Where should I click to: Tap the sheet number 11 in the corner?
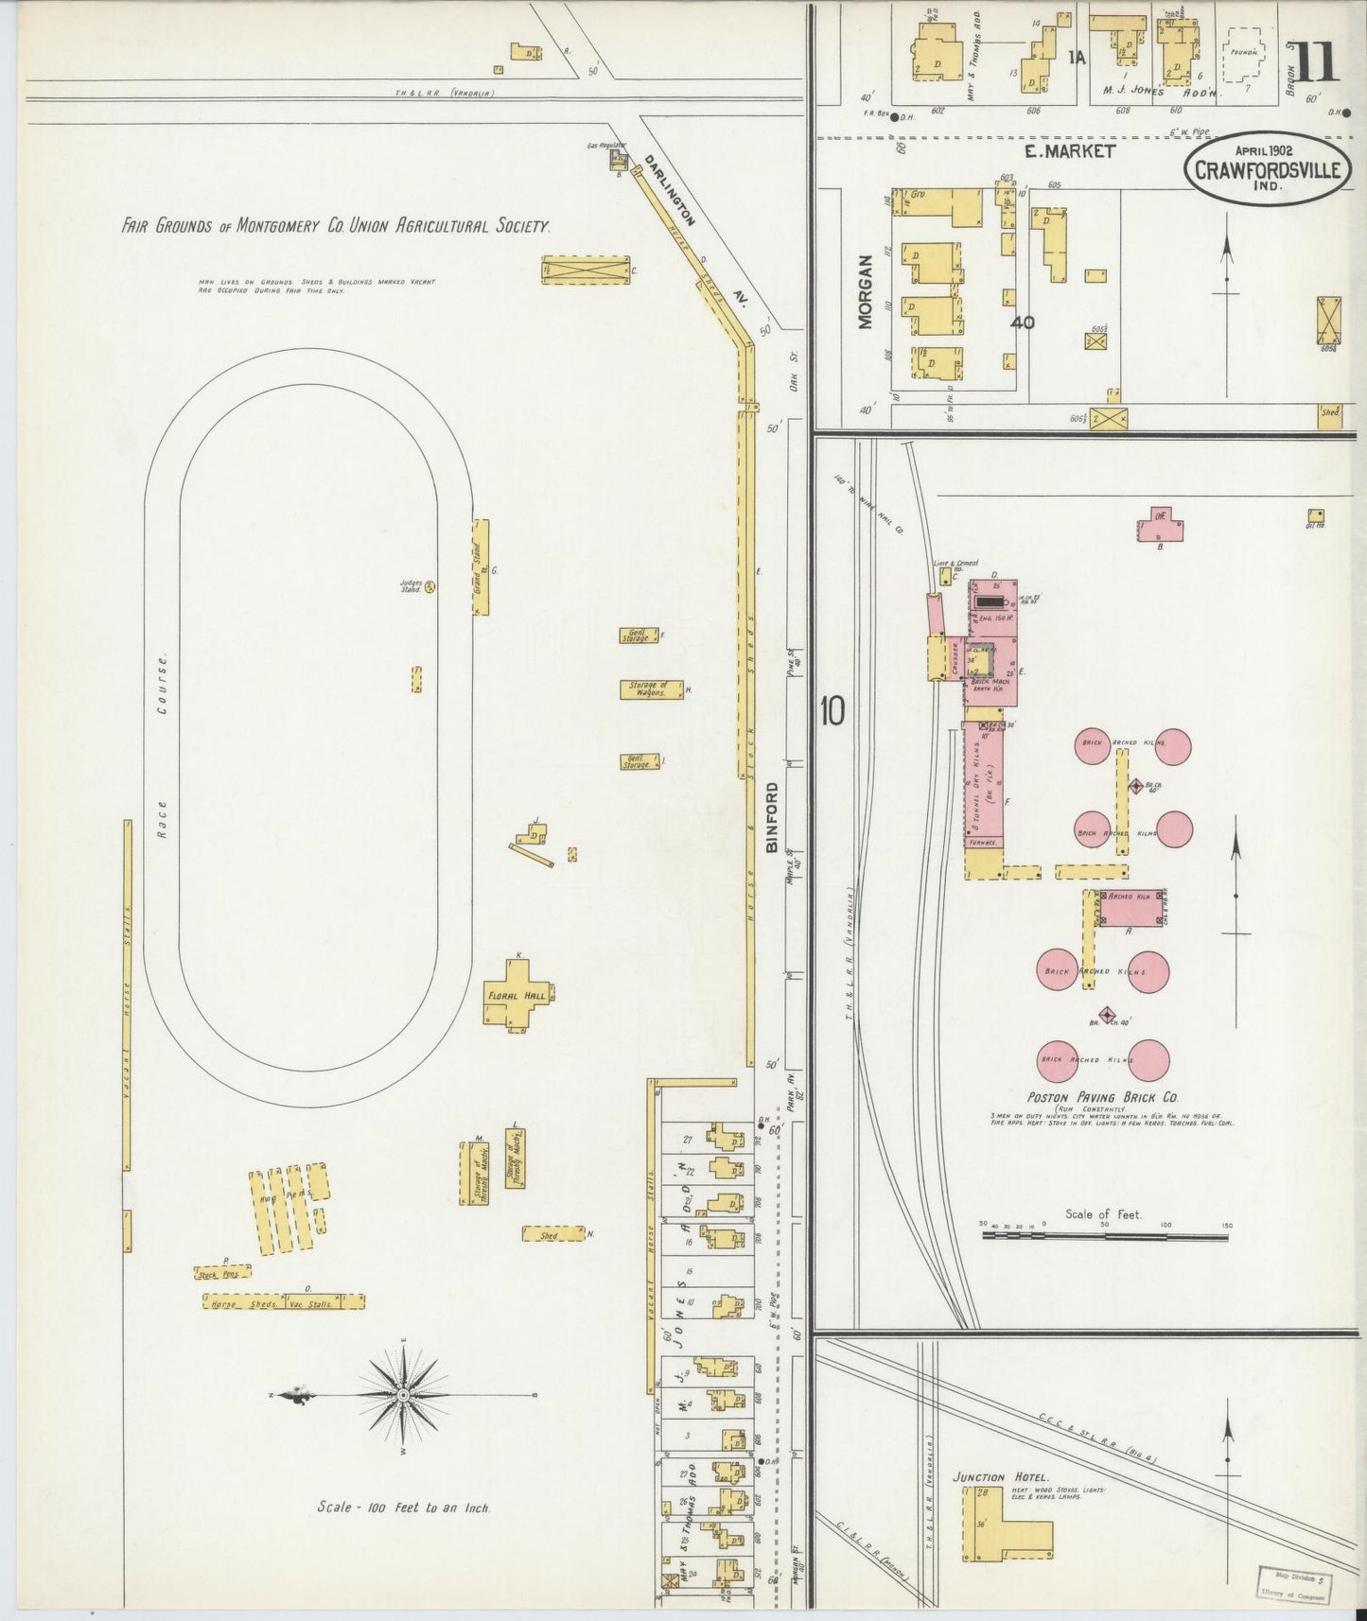click(x=1316, y=62)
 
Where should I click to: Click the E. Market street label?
click(x=1071, y=151)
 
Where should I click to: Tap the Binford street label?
click(x=772, y=818)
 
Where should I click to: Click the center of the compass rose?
click(x=404, y=1396)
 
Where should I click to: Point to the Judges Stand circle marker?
click(x=429, y=587)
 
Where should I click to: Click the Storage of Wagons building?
click(x=651, y=689)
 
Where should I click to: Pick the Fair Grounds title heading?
click(x=336, y=226)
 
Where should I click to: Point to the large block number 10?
click(x=832, y=712)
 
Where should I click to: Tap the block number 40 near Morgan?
click(x=1022, y=322)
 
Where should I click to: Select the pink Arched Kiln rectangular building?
click(x=1131, y=908)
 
